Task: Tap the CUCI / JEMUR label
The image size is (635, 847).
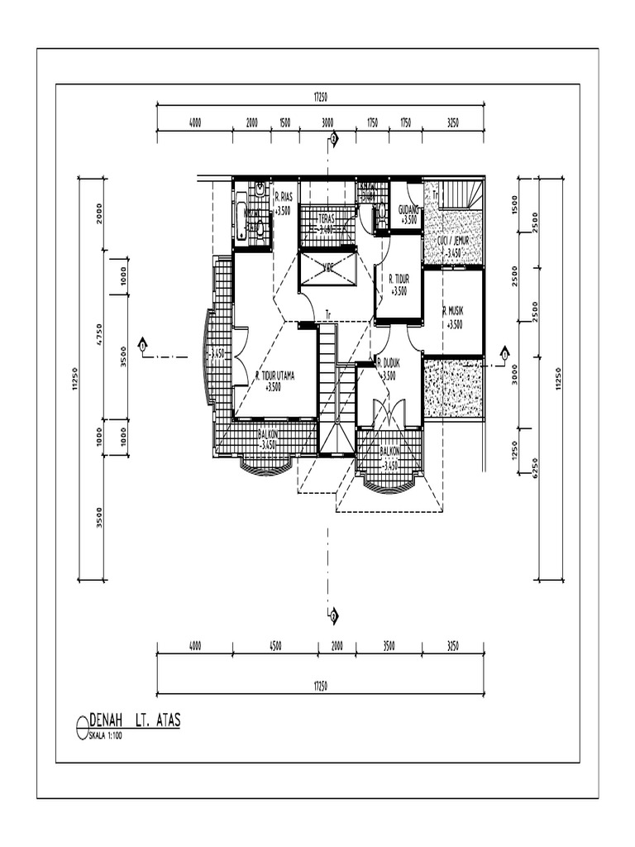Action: pyautogui.click(x=453, y=241)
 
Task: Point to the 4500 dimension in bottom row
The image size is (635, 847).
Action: pyautogui.click(x=275, y=645)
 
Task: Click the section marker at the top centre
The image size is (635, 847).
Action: pyautogui.click(x=333, y=140)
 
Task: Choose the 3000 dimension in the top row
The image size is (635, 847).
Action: pyautogui.click(x=327, y=122)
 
